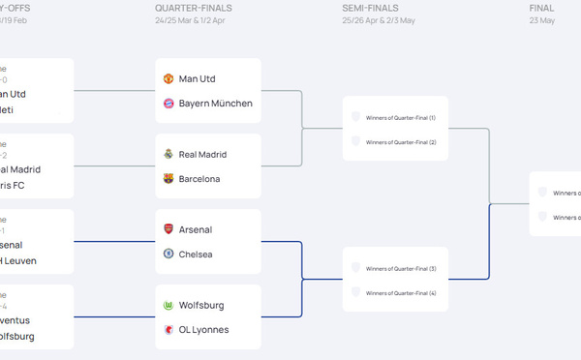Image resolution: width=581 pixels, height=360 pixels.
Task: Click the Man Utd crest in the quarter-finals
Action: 168,78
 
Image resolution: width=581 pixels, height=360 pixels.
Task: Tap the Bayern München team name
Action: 215,104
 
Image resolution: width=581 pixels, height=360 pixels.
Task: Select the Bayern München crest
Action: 168,104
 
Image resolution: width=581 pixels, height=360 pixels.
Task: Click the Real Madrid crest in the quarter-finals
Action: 168,154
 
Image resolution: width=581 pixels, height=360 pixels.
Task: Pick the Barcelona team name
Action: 199,179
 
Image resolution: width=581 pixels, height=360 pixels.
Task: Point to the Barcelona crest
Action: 168,179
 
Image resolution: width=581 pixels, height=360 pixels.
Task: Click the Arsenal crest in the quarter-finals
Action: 168,229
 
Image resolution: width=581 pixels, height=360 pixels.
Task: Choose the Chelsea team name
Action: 197,255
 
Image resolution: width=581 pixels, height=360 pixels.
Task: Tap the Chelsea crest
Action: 168,255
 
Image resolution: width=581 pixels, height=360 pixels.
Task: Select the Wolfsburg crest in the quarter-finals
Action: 168,305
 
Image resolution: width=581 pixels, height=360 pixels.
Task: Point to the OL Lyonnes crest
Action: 168,330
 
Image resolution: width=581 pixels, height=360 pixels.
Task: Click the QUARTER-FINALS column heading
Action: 194,8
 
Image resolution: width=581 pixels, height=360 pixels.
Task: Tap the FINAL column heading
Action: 542,8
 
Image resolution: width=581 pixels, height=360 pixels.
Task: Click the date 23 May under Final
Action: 542,20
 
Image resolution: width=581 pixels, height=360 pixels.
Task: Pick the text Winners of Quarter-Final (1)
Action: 401,118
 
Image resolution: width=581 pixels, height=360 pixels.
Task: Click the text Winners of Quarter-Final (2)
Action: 401,142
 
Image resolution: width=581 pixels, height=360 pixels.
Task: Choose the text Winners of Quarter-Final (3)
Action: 401,269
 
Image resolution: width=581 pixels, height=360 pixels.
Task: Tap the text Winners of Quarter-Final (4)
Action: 401,293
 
